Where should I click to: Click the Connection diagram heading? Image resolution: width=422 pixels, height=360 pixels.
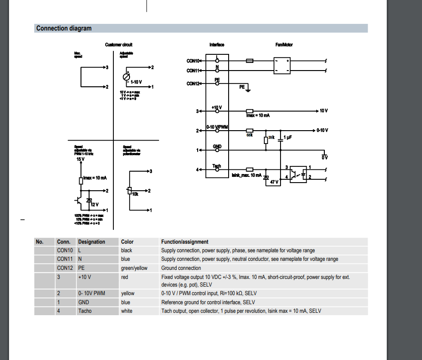64,29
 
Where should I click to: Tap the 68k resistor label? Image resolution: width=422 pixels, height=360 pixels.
249,135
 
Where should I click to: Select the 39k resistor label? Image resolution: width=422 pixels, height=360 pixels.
271,137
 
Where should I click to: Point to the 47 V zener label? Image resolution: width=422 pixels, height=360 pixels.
274,182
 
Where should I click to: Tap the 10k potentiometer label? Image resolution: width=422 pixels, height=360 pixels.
135,195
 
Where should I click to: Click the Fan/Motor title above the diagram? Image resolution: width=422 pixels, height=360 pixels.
284,45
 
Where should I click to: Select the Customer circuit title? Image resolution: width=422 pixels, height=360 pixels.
119,45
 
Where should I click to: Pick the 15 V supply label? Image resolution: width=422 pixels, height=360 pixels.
80,159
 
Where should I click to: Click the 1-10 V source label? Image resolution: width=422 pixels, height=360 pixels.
136,82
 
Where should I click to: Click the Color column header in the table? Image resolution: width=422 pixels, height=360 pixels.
128,242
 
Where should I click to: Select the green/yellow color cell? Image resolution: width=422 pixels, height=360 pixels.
134,268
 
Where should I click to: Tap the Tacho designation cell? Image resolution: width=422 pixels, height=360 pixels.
85,311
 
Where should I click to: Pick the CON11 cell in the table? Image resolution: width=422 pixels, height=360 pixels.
64,259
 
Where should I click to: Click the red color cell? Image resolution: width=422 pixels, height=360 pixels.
125,277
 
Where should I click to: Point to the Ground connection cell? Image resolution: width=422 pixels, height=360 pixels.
181,268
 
